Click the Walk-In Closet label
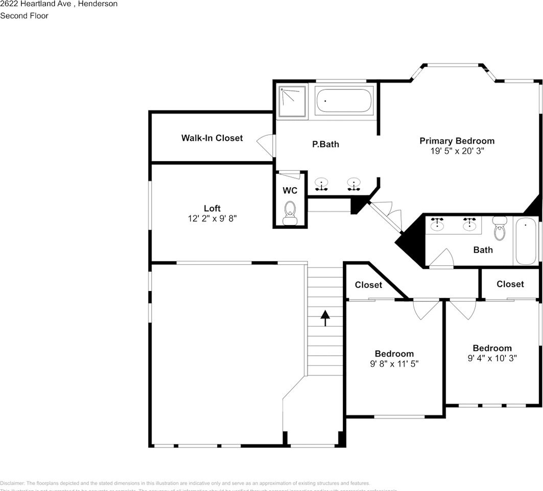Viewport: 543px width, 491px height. tap(212, 138)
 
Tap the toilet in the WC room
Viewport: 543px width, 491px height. tap(290, 213)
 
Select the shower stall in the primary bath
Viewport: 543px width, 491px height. tap(292, 102)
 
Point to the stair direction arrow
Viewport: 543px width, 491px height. tap(325, 318)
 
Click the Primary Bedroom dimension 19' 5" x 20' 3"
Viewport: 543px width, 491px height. tap(457, 151)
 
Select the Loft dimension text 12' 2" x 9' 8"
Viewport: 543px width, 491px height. tap(212, 218)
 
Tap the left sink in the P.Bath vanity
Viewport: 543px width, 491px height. tap(321, 183)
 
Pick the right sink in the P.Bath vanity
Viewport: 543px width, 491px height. tap(353, 183)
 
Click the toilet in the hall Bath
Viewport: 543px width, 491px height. tap(500, 229)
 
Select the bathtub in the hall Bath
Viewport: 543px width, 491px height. tap(525, 241)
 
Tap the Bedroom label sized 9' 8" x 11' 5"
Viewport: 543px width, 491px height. tap(394, 354)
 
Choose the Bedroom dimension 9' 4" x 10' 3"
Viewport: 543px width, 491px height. tap(492, 359)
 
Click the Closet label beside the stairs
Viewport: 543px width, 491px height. tap(368, 285)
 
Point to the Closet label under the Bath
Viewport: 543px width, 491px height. tap(510, 284)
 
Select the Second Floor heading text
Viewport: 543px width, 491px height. tap(24, 16)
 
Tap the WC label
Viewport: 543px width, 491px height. tap(290, 191)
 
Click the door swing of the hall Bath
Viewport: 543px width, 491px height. tap(442, 258)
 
